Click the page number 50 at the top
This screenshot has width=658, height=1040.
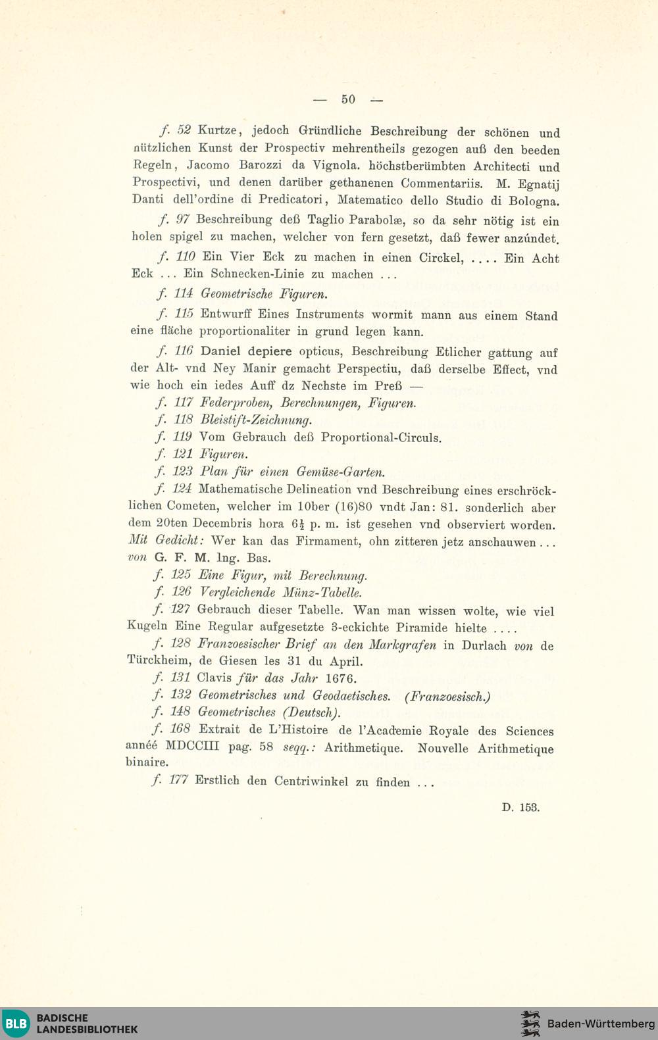tap(348, 99)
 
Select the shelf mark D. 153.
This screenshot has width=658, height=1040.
tap(520, 807)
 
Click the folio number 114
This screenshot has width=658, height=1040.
tap(183, 293)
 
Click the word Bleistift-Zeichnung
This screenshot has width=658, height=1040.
tap(255, 420)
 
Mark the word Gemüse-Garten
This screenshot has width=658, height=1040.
tap(341, 472)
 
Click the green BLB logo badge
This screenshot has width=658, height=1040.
tap(15, 1024)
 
